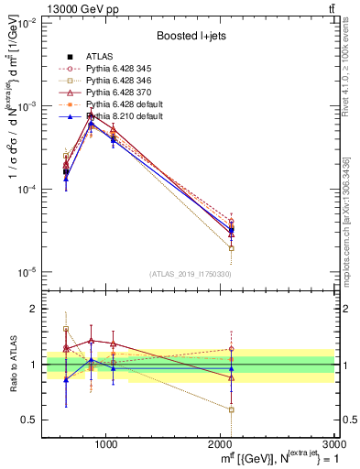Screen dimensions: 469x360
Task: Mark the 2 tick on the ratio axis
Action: point(35,309)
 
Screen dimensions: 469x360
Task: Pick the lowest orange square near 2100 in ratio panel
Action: point(232,409)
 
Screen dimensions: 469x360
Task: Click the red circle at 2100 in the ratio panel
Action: point(232,348)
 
